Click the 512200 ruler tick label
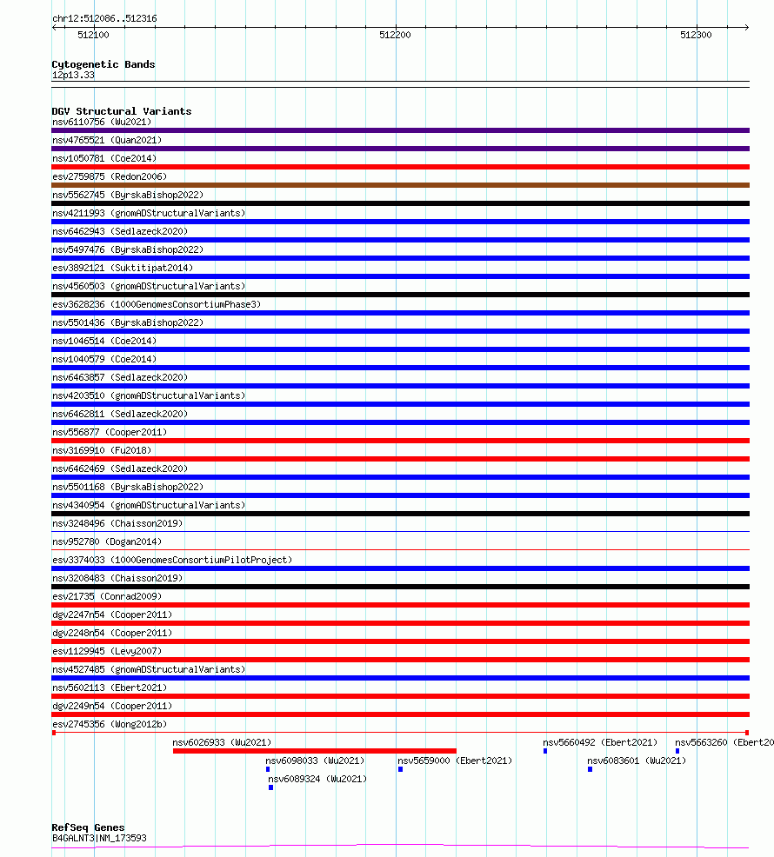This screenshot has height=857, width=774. (395, 36)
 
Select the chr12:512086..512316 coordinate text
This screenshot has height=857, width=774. (104, 18)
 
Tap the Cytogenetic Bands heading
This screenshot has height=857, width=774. (103, 64)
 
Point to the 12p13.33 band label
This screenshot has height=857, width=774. (73, 75)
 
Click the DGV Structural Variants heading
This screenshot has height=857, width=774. (121, 111)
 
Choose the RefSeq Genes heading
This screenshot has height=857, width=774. (88, 827)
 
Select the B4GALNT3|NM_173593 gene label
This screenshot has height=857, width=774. (99, 838)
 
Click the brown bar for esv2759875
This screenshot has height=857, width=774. (400, 185)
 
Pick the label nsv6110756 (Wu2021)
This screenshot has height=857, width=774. (102, 122)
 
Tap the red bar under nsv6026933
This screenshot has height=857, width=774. (314, 751)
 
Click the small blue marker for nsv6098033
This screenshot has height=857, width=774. (268, 769)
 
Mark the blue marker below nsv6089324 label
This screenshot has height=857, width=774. (270, 787)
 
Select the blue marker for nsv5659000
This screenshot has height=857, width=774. (400, 769)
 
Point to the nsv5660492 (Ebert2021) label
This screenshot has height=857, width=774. (600, 742)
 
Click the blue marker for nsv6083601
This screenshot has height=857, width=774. (590, 769)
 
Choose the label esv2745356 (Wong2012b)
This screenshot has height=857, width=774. (109, 724)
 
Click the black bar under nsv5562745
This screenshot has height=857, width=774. (400, 203)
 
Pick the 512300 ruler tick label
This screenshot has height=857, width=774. (696, 36)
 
